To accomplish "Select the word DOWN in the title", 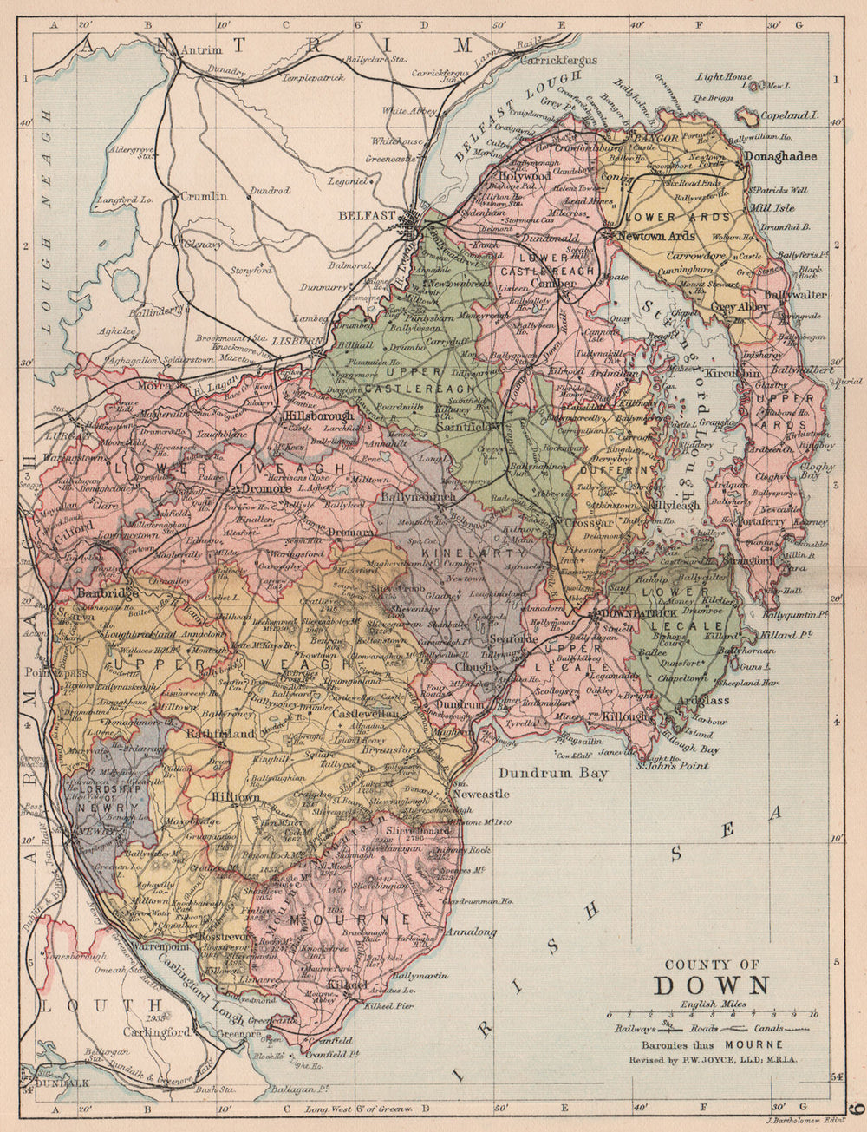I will [711, 986].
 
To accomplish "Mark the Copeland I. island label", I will [789, 115].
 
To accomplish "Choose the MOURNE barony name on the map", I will [337, 918].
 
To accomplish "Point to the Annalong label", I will [471, 933].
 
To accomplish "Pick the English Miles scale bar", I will [711, 1014].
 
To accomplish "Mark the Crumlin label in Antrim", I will [204, 196].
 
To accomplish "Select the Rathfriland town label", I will [221, 733].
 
